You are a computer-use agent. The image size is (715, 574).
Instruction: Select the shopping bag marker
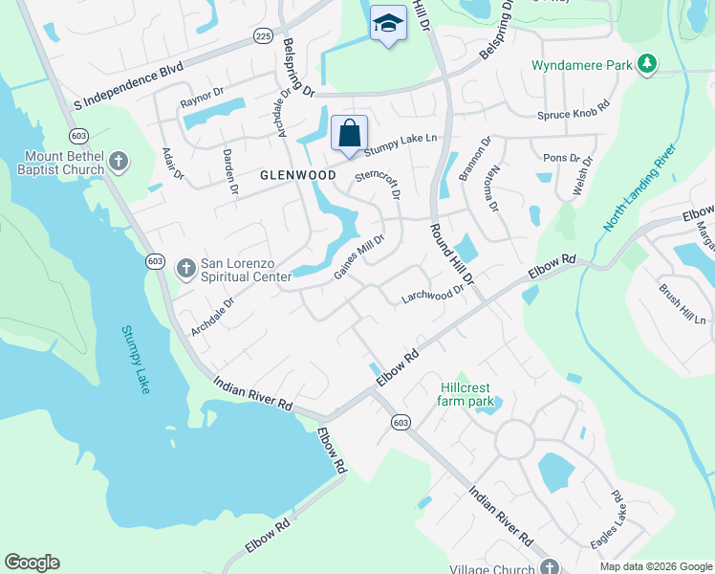point(349,133)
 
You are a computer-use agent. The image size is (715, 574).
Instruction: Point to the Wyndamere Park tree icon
point(647,63)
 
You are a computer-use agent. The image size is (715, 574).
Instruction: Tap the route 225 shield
point(265,36)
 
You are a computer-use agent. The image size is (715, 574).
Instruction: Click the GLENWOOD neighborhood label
point(298,176)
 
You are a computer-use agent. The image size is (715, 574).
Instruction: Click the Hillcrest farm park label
point(467,394)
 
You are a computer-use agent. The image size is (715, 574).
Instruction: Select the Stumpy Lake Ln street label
point(400,143)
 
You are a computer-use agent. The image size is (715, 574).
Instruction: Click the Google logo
point(32,563)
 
